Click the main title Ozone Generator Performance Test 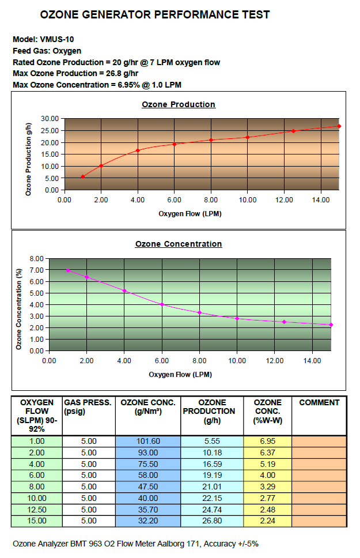[x=154, y=15]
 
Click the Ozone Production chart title [x=179, y=104]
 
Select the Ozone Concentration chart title [x=179, y=244]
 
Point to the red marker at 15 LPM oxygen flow [x=339, y=126]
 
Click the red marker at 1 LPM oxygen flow [x=82, y=176]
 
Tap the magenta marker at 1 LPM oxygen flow [x=68, y=270]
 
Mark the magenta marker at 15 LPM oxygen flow [x=331, y=325]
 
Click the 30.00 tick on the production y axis [x=51, y=118]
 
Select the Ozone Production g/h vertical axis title [x=28, y=154]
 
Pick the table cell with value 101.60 [x=148, y=441]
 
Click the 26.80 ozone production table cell [x=213, y=521]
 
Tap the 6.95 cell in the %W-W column [x=267, y=441]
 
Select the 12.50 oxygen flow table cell [x=37, y=510]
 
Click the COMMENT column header [x=319, y=402]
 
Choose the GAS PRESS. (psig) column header [x=88, y=406]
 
